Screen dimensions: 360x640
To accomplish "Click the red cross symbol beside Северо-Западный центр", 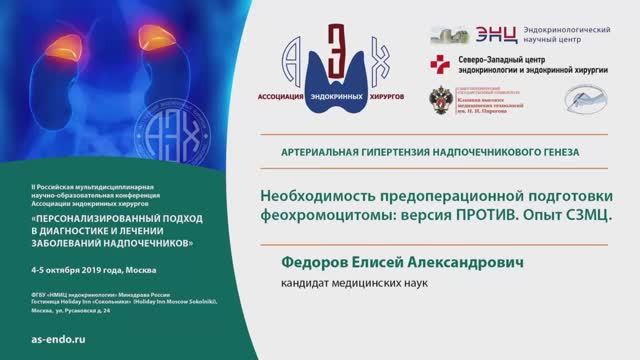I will (439, 65).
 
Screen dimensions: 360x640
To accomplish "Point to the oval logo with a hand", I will (584, 98).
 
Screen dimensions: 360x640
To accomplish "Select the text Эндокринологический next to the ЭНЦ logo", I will (571, 30).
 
